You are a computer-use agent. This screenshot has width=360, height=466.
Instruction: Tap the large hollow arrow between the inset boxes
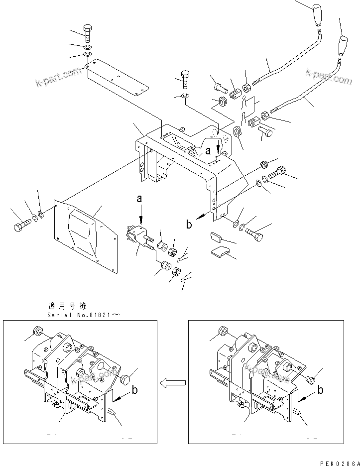(173, 382)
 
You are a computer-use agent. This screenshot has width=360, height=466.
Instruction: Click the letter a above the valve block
(140, 198)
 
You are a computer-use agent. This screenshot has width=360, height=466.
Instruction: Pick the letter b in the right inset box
(320, 390)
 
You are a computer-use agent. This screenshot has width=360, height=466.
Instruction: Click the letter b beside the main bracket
(189, 225)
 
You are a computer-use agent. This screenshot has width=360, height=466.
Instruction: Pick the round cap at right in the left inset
(126, 380)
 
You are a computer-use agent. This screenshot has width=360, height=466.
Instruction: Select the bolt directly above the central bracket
(184, 78)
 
